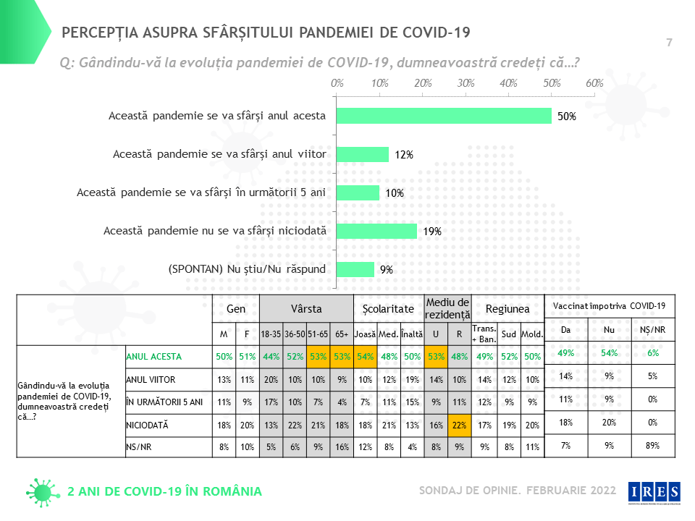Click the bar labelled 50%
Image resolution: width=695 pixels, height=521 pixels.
[x=444, y=116]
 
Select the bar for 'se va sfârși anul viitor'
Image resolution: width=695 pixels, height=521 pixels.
[x=363, y=154]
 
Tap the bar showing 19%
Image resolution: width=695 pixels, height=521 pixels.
[x=376, y=231]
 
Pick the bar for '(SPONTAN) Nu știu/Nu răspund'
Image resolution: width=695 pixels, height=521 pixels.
[x=355, y=269]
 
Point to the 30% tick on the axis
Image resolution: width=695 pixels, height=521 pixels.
[x=466, y=83]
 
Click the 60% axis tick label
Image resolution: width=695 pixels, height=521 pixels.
[x=594, y=83]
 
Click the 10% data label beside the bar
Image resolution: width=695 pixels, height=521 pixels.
[x=395, y=193]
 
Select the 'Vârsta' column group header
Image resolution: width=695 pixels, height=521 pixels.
[x=306, y=309]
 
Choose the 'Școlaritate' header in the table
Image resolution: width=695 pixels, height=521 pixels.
[x=388, y=309]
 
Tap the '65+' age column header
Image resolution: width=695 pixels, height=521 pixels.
[x=342, y=334]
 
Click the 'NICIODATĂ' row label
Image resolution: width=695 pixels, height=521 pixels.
[x=148, y=425]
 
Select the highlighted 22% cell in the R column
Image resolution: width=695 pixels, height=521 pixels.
[x=458, y=425]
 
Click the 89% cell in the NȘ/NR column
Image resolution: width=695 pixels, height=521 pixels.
[x=651, y=446]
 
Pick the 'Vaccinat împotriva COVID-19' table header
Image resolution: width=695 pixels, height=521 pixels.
[x=610, y=306]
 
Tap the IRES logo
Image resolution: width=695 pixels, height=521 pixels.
[x=653, y=491]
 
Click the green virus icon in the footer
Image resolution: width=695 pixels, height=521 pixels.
[x=42, y=491]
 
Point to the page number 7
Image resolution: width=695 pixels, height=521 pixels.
[x=669, y=43]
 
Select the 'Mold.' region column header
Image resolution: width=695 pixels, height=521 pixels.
[x=532, y=334]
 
